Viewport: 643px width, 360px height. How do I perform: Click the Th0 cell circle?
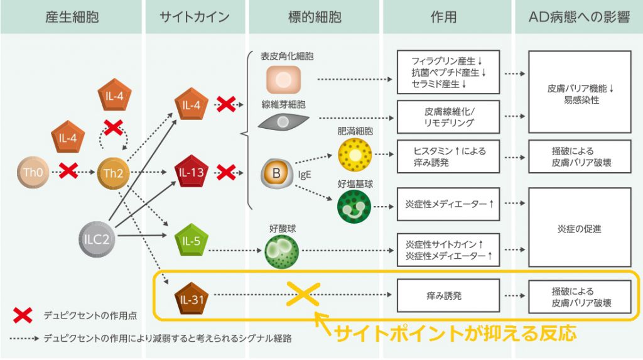tap(33, 172)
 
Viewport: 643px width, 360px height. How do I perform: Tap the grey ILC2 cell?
tap(96, 239)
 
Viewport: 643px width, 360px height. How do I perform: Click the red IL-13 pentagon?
tap(191, 172)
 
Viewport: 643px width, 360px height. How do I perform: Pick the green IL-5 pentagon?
tap(191, 240)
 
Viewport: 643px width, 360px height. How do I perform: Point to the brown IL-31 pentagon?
tap(191, 298)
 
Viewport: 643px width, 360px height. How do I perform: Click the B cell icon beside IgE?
tap(277, 173)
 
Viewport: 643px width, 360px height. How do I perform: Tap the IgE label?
tap(305, 175)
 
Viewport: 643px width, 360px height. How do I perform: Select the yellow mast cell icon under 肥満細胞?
tap(355, 155)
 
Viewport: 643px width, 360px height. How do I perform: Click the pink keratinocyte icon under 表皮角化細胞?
tap(283, 80)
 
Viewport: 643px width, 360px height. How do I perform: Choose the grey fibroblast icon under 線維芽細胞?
tap(283, 121)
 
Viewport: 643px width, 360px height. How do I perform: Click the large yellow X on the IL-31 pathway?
tap(303, 294)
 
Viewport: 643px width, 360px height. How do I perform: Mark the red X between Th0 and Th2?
tap(68, 170)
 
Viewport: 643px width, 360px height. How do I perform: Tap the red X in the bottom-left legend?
tap(23, 315)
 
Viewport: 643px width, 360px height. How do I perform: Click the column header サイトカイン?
tap(195, 17)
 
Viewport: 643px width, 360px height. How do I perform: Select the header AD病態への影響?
tap(579, 17)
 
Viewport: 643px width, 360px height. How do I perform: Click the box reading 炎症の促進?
tap(580, 227)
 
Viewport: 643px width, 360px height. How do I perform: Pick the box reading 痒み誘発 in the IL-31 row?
tap(448, 295)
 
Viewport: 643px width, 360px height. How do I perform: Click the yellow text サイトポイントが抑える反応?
tap(456, 333)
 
